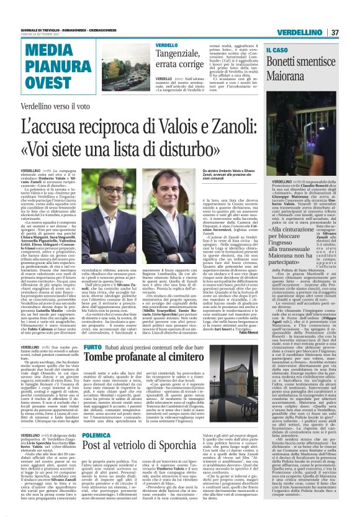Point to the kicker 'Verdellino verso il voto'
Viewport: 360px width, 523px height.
pos(56,108)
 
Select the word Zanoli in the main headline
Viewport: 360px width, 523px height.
pos(235,127)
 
